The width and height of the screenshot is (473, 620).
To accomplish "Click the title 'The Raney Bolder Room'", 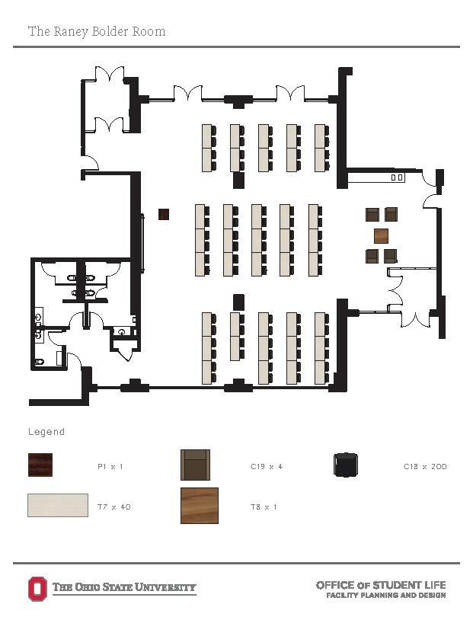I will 97,31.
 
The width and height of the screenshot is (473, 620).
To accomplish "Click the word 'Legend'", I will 46,432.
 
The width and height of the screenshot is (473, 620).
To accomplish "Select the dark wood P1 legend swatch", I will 42,465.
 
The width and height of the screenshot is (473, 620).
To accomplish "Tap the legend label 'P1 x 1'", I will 110,465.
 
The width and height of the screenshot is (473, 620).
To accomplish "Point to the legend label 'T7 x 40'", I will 113,506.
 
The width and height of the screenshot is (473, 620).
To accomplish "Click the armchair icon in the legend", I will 195,465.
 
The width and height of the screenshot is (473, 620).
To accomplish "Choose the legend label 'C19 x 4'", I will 267,465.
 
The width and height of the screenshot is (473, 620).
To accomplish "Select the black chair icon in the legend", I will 347,465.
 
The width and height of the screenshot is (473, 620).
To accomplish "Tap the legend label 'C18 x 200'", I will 425,465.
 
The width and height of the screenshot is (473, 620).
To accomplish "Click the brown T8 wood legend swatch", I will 200,506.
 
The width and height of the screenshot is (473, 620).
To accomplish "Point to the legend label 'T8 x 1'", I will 264,506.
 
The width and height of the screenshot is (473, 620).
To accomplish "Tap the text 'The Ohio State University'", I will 124,588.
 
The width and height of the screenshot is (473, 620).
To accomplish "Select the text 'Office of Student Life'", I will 381,584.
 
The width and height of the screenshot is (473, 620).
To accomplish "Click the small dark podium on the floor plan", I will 164,214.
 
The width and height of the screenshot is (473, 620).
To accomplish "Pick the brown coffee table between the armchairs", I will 382,235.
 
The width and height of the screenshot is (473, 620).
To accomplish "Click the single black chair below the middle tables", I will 238,301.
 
